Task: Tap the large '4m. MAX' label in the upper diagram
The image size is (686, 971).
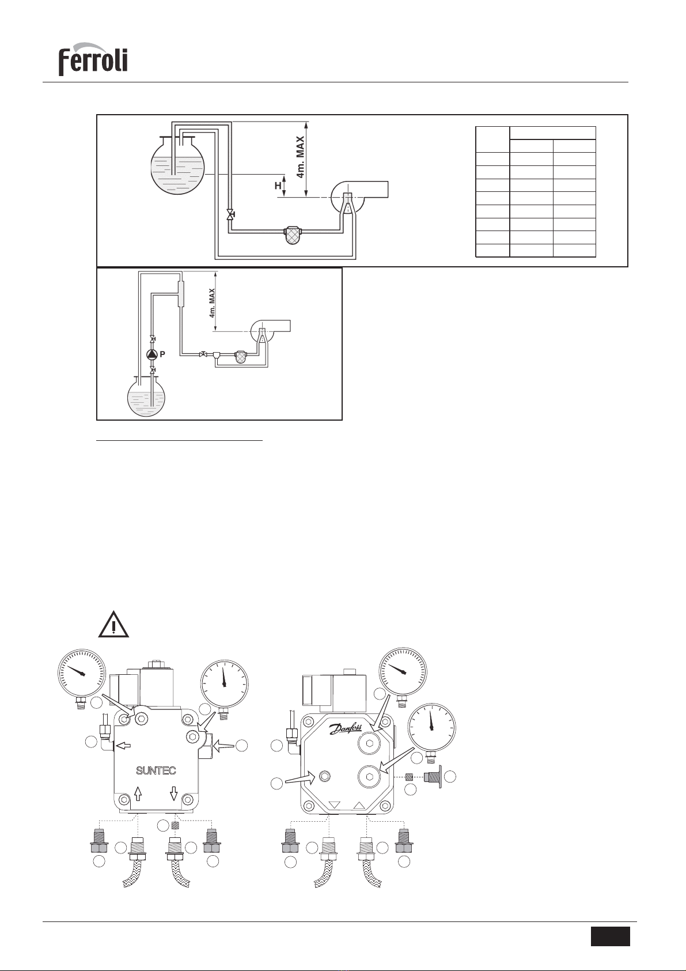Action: (300, 157)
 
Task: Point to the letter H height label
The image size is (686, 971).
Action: (278, 186)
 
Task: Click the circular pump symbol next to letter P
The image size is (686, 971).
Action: (152, 354)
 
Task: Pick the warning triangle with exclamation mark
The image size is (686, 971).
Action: (113, 625)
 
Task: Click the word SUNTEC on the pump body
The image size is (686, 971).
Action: (156, 770)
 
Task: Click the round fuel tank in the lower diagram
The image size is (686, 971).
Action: (147, 394)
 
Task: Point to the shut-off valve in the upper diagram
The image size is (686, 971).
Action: (230, 214)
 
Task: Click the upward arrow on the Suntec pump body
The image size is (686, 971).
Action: (138, 793)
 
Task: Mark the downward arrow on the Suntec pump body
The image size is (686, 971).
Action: (174, 793)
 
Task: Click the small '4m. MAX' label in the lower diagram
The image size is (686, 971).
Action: (213, 303)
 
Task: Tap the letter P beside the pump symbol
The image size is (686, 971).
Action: (162, 354)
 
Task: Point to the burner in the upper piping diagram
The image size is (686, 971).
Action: (359, 197)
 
